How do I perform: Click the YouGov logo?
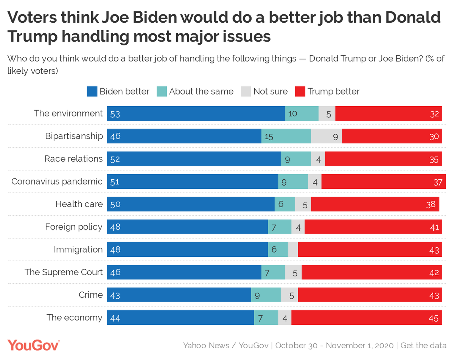(34, 345)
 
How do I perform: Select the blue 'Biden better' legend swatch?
(92, 92)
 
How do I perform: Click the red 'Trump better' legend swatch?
(300, 92)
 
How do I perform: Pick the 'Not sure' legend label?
(270, 92)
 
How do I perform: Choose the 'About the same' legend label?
(201, 92)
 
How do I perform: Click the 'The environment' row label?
(68, 113)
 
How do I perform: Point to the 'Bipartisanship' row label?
(74, 136)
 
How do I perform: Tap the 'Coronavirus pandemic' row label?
(57, 182)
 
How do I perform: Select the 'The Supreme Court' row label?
(64, 272)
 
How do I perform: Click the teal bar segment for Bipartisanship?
(286, 136)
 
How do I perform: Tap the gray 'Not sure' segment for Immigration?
(293, 250)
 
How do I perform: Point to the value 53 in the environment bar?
(115, 113)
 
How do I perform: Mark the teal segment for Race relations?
(296, 159)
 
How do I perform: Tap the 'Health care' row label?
(79, 204)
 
